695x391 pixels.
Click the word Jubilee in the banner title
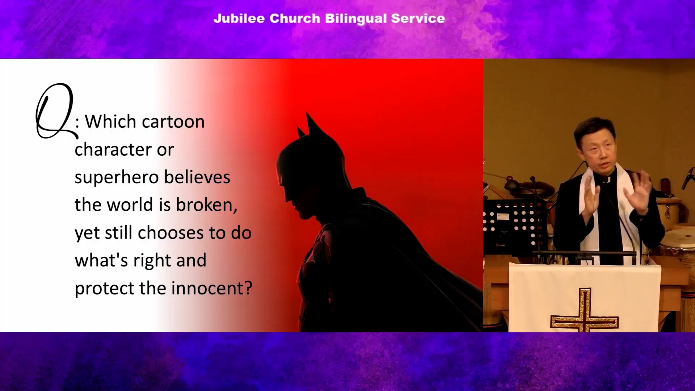click(x=239, y=18)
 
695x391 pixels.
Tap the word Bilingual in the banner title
click(x=356, y=19)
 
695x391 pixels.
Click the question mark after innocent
click(x=248, y=288)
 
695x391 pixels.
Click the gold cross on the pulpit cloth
click(x=584, y=311)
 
